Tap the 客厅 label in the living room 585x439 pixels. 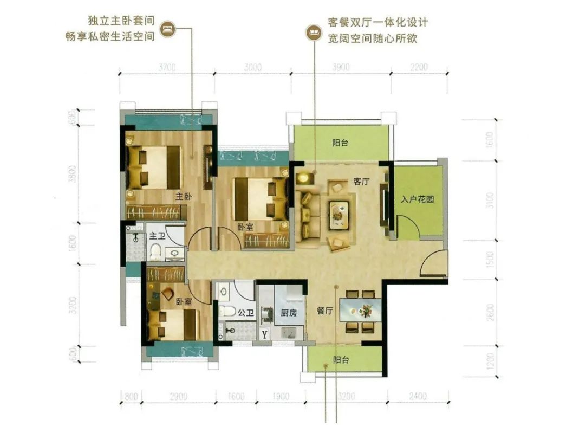[x=361, y=182]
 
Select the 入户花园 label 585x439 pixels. [x=418, y=199]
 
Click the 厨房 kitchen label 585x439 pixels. [x=289, y=312]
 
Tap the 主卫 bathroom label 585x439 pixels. [x=157, y=236]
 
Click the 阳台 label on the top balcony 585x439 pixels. [x=340, y=144]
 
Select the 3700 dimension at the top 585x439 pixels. [x=167, y=68]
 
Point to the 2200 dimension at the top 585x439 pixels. [x=419, y=68]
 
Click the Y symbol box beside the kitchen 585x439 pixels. [x=264, y=334]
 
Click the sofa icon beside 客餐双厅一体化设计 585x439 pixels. [x=313, y=31]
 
